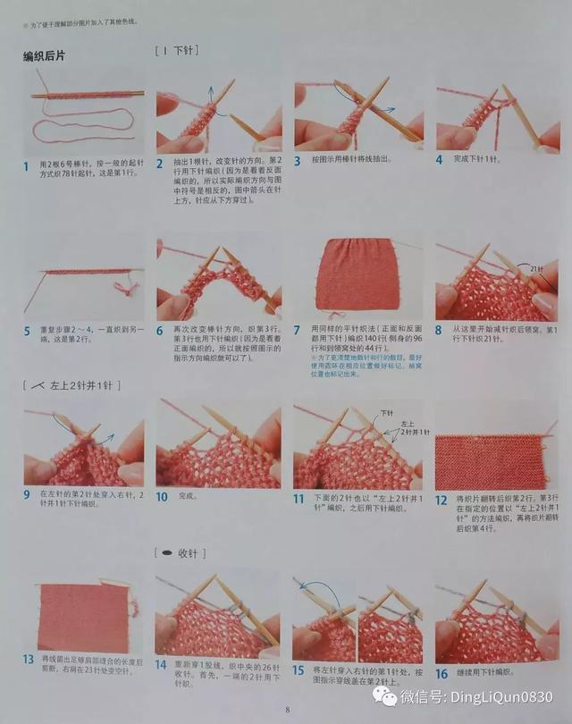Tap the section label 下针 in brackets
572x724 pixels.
click(177, 51)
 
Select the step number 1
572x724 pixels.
click(27, 165)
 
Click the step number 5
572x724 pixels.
click(27, 331)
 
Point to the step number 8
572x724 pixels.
click(440, 331)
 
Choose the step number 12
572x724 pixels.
click(442, 501)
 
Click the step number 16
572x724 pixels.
click(442, 673)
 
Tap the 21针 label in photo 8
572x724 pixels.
click(537, 268)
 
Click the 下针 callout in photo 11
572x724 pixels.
click(387, 413)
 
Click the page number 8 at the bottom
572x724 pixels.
click(287, 710)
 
